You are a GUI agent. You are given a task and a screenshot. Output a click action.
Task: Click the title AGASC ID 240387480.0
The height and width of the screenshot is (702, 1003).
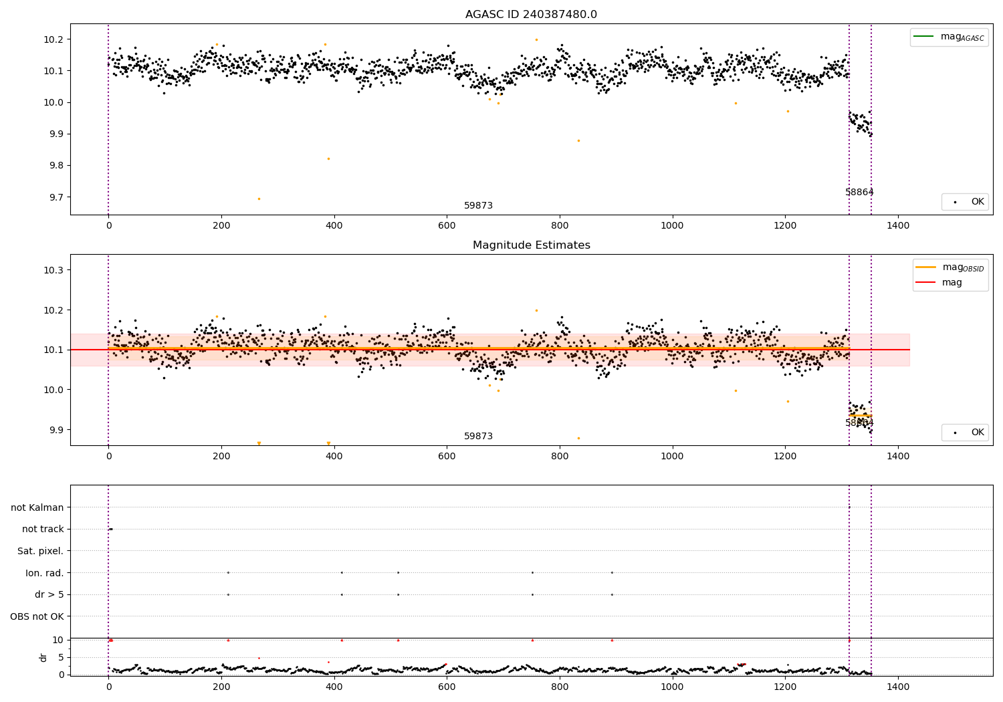point(531,15)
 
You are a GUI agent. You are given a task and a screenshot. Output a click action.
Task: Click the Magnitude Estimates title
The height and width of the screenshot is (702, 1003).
point(531,245)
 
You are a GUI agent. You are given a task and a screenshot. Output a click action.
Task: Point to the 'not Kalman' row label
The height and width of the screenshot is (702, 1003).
point(37,507)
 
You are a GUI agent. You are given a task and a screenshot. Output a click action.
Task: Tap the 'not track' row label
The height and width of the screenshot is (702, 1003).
point(43,529)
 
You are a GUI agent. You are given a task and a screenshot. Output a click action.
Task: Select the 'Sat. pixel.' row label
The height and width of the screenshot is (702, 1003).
point(41,551)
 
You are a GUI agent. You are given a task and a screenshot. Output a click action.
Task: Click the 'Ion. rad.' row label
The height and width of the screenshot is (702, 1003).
point(45,573)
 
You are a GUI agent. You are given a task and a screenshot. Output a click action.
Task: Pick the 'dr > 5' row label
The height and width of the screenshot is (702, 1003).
point(49,594)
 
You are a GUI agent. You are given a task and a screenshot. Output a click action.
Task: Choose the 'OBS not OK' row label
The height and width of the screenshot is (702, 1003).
point(37,616)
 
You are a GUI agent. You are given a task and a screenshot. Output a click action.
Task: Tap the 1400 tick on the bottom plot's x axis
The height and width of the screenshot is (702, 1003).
point(897,685)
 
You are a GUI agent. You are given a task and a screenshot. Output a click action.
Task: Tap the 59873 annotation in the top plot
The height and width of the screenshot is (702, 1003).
point(478,205)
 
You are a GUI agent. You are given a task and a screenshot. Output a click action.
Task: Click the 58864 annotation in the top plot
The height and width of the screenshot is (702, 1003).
point(859,192)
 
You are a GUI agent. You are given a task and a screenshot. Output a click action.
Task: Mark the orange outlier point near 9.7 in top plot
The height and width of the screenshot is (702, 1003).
point(259,199)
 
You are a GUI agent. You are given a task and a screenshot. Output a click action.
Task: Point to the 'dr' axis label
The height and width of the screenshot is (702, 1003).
point(43,657)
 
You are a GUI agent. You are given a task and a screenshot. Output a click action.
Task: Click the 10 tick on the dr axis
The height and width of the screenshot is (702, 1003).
point(59,640)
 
